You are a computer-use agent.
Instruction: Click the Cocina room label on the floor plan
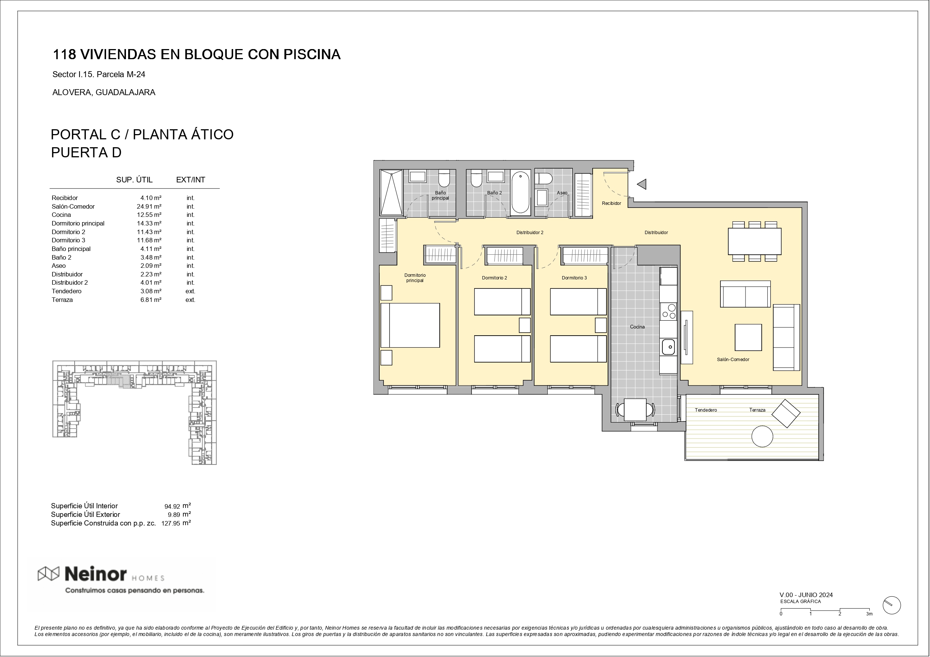coord(637,327)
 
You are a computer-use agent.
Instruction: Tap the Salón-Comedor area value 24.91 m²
coord(149,206)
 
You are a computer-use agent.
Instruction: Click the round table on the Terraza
coord(762,436)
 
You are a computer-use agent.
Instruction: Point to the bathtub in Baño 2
coord(521,192)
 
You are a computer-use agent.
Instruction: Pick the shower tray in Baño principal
coord(391,192)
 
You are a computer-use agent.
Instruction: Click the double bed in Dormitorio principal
coord(410,325)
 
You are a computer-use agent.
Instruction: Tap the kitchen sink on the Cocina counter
coord(668,347)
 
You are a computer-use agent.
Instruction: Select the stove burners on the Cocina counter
coord(669,311)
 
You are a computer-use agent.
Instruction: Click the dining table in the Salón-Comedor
coord(755,241)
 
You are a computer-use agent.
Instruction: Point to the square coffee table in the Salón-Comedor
coord(748,337)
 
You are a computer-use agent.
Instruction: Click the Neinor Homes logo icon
coord(49,573)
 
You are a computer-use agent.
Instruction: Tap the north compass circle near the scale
coord(891,606)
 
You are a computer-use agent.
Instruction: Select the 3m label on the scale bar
coord(869,614)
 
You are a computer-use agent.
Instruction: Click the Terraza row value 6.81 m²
coord(151,300)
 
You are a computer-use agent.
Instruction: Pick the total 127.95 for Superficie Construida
coord(171,523)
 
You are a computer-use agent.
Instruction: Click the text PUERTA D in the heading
coord(86,152)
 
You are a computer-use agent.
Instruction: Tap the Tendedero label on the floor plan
coord(705,410)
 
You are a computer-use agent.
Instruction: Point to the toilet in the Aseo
coord(544,179)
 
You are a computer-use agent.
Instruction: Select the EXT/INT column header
coord(190,180)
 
